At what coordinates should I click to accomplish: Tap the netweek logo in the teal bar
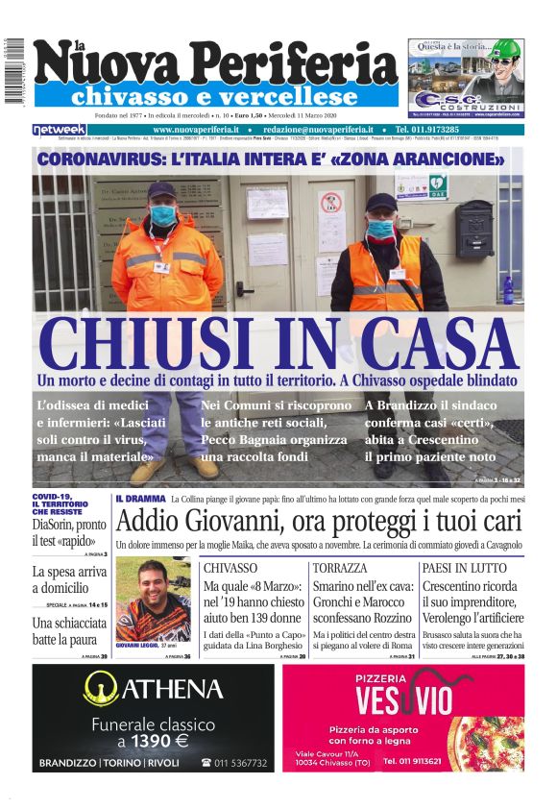tap(59, 129)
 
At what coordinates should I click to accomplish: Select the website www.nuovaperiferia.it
tap(196, 129)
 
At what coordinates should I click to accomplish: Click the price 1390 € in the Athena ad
tap(153, 741)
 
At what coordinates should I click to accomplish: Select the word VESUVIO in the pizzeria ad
tap(399, 696)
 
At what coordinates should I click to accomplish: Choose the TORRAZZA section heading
tap(340, 568)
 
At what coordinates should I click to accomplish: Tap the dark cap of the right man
tap(381, 202)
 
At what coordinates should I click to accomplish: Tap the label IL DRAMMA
tap(138, 501)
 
